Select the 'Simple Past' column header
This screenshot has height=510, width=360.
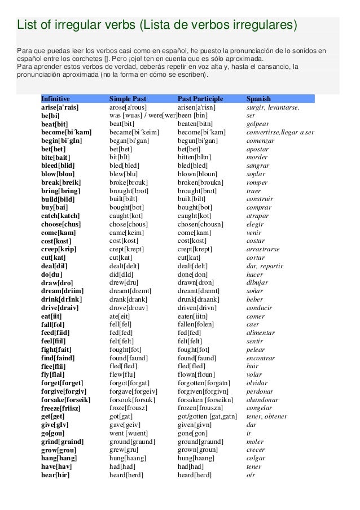coord(128,98)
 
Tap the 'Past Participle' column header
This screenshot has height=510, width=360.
coord(200,98)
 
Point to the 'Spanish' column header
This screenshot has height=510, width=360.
coord(258,98)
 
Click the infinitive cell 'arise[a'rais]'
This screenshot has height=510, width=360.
coord(60,107)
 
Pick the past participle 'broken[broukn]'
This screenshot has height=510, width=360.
coord(200,182)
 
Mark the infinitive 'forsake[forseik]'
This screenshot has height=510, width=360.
coord(65,399)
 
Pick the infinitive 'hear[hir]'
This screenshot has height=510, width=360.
coord(55,475)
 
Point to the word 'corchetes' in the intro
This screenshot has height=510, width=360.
coord(91,59)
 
